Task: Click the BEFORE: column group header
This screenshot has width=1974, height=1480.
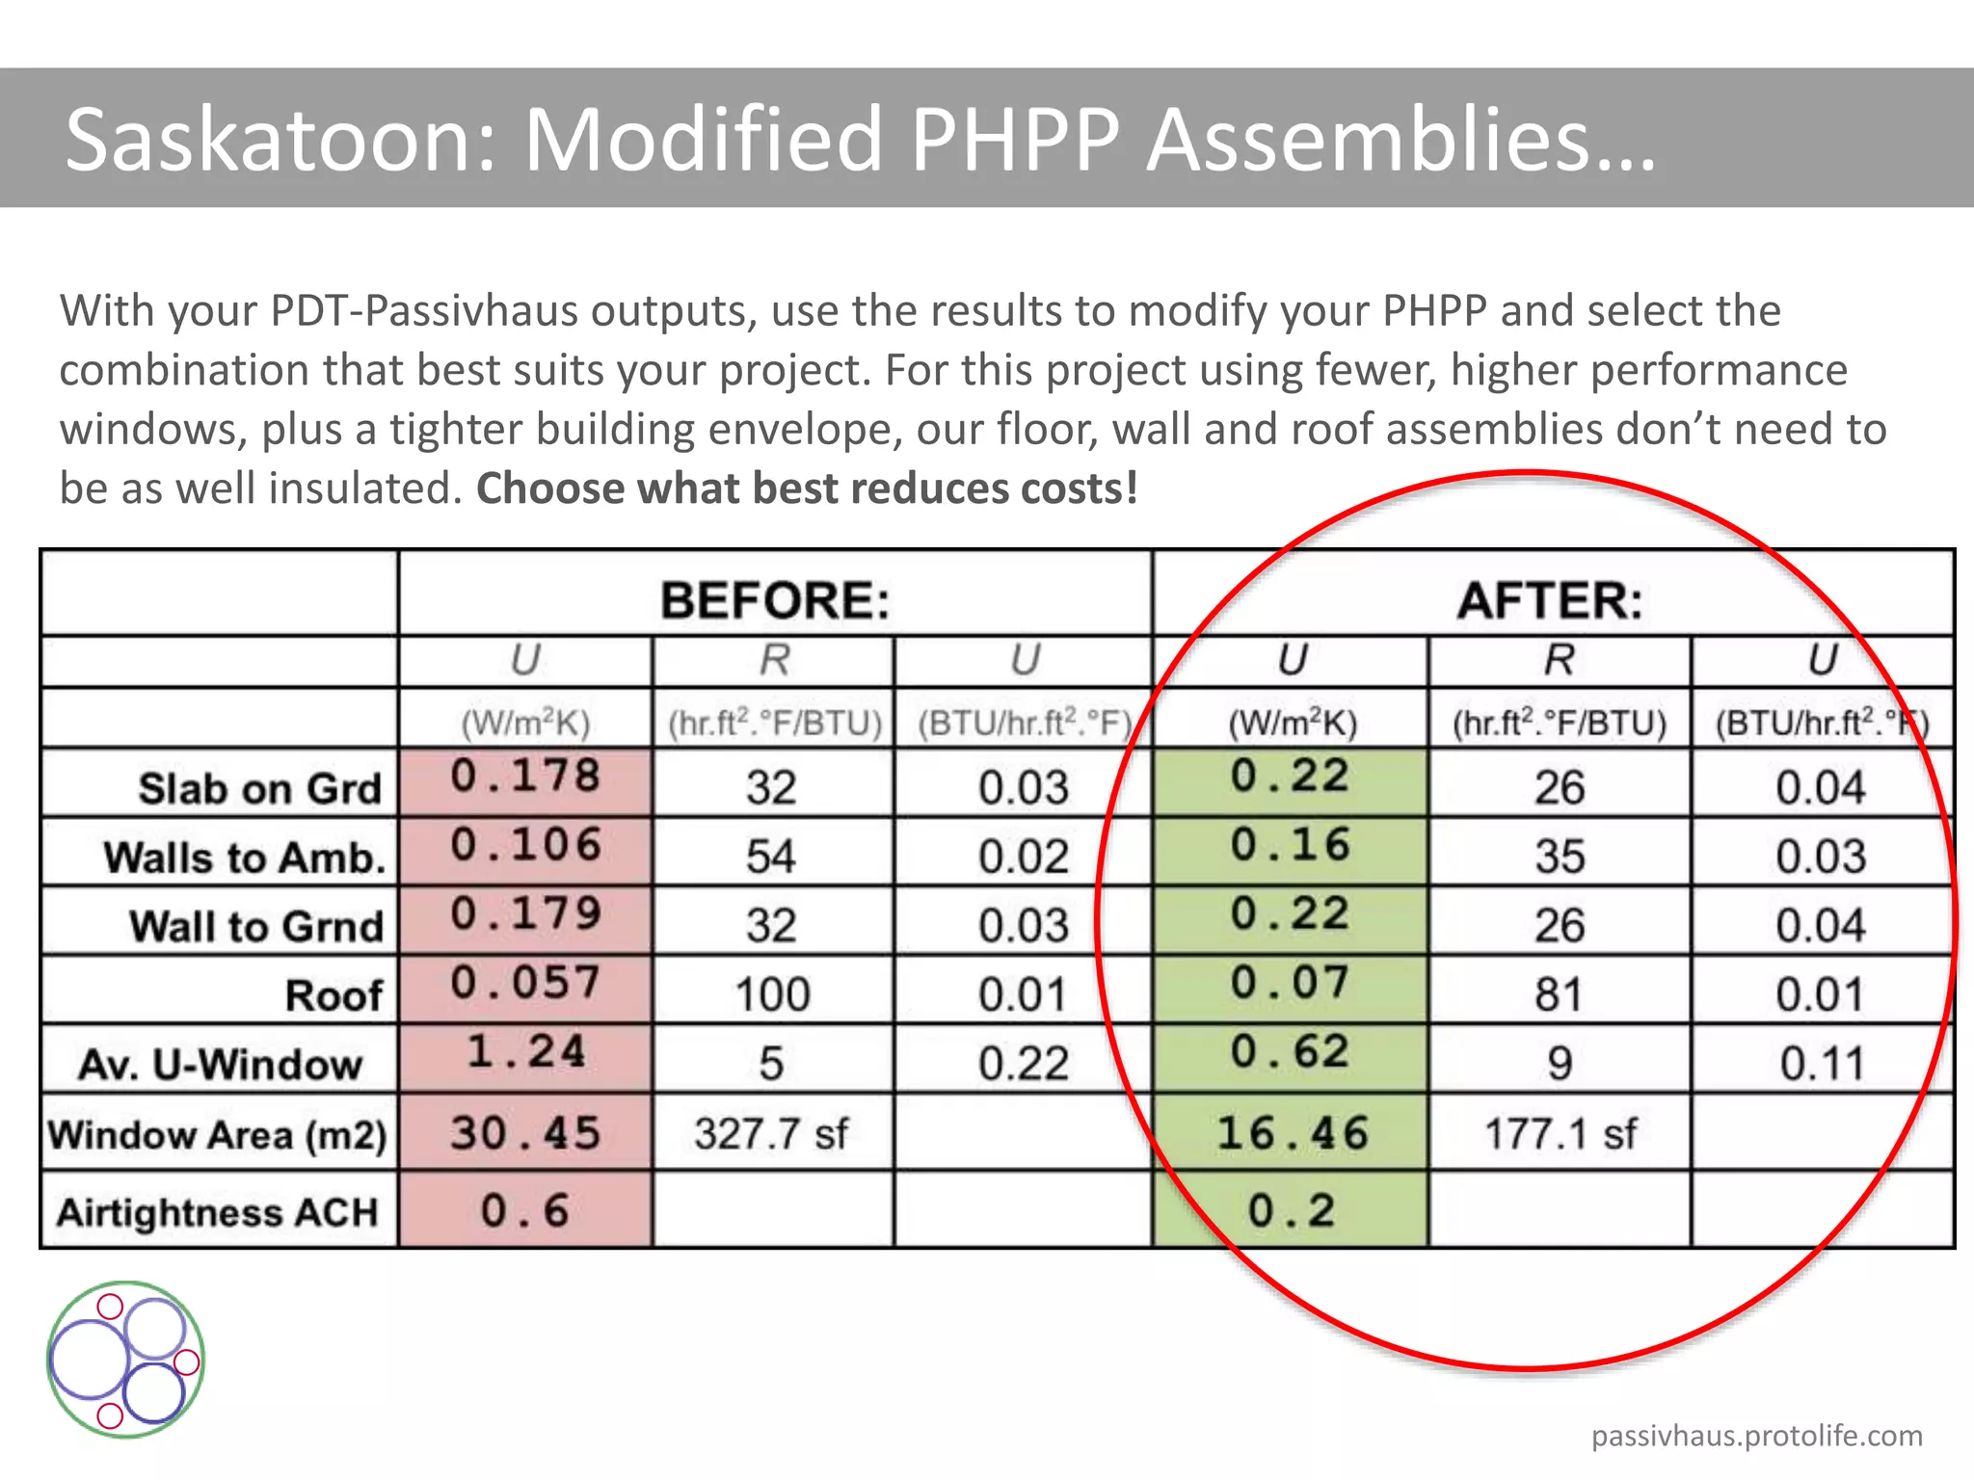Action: pos(775,600)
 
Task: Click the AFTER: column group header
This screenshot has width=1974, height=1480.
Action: pos(1549,600)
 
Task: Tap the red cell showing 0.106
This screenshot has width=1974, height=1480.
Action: pos(526,846)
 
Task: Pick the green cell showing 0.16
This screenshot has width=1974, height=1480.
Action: pos(1290,846)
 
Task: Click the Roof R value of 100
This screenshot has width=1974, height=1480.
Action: pos(772,994)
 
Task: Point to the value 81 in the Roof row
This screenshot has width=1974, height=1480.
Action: pos(1559,994)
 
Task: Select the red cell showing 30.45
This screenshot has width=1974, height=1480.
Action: pos(526,1133)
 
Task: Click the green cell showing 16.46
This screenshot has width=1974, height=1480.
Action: pos(1292,1133)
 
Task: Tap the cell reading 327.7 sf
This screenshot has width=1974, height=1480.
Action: pos(771,1133)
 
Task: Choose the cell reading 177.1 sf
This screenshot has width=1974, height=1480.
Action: pos(1560,1133)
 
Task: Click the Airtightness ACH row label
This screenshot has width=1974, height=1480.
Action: pos(218,1212)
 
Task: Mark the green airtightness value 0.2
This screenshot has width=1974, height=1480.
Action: pos(1292,1210)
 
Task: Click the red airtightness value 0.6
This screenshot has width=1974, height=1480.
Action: pos(526,1210)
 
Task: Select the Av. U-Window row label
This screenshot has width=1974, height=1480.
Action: pos(220,1064)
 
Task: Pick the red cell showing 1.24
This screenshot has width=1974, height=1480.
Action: pos(526,1052)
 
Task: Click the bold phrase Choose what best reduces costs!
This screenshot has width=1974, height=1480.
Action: pos(807,489)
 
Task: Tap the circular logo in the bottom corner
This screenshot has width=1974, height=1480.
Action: pos(125,1360)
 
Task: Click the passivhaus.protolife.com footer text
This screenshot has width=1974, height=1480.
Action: pos(1756,1436)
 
